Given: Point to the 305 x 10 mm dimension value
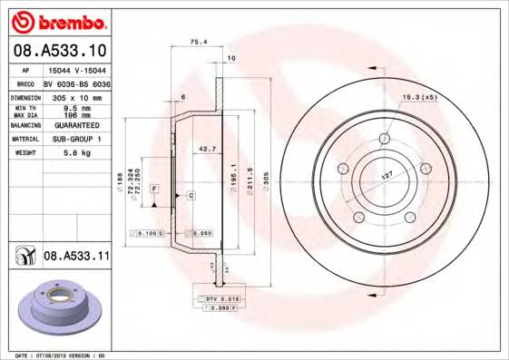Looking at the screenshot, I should click(x=75, y=96).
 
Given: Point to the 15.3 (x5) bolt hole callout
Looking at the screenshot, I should click(x=419, y=97).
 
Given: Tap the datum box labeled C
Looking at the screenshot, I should click(x=191, y=195).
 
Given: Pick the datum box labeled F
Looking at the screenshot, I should click(x=155, y=188).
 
